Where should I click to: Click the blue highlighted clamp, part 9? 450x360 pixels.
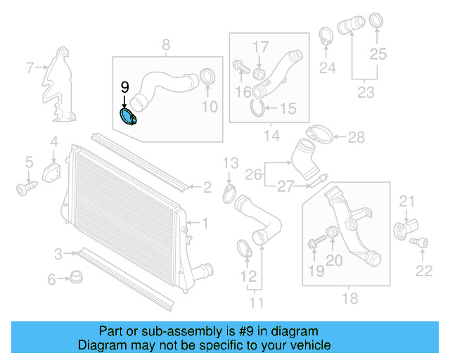(x=129, y=117)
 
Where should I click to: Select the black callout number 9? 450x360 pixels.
(x=124, y=86)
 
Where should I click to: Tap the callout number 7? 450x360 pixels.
(x=30, y=68)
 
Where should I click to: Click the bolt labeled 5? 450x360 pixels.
(x=26, y=188)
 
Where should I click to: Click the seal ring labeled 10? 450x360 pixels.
(x=207, y=79)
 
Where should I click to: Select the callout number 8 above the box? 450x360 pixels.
(x=167, y=46)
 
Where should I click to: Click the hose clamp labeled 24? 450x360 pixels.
(x=327, y=34)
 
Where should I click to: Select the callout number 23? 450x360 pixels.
(x=366, y=91)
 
